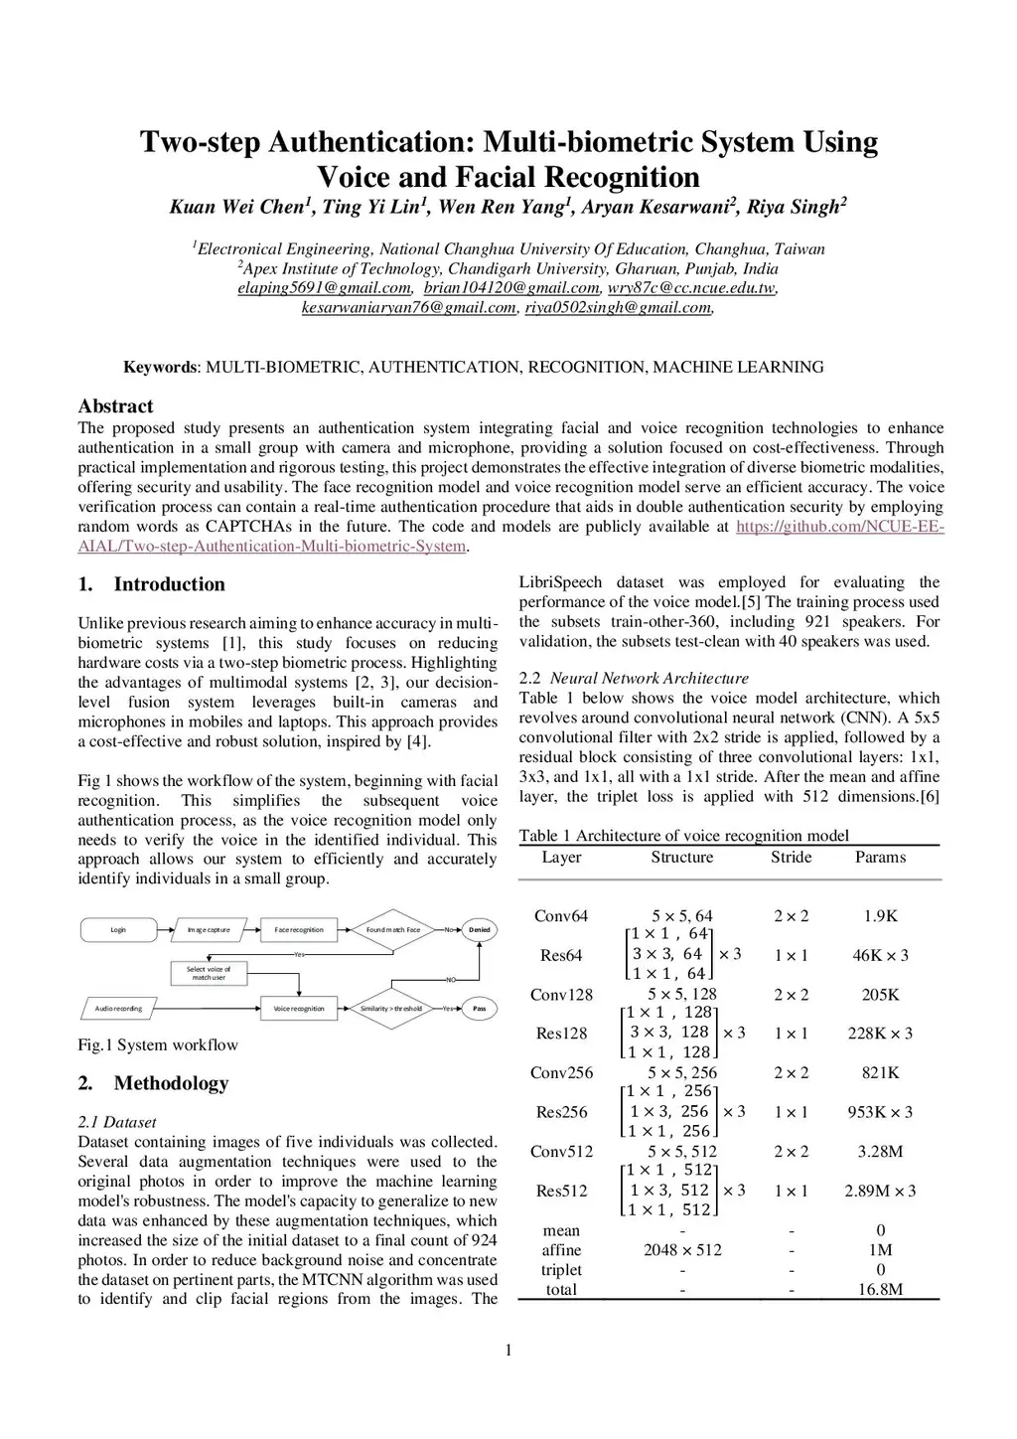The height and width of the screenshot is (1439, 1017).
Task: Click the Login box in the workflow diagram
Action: pyautogui.click(x=118, y=930)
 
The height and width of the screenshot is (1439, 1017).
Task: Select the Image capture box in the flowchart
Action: pyautogui.click(x=209, y=930)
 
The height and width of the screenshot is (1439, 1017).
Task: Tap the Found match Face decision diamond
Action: pyautogui.click(x=393, y=930)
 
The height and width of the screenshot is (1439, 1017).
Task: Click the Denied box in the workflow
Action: pyautogui.click(x=480, y=930)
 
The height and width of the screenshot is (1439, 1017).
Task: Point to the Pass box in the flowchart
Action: pyautogui.click(x=480, y=1009)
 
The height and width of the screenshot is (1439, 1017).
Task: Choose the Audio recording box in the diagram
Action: pyautogui.click(x=119, y=1009)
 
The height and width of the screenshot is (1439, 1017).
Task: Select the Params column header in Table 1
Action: pyautogui.click(x=880, y=857)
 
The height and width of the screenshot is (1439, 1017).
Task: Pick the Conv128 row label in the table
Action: pyautogui.click(x=561, y=995)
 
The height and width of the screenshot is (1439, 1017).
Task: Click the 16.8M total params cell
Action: pyautogui.click(x=880, y=1290)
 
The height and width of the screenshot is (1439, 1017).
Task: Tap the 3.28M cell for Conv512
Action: pyautogui.click(x=880, y=1152)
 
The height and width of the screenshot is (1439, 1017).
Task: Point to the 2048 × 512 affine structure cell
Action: pyautogui.click(x=682, y=1250)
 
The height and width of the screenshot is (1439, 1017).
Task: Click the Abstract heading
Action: pyautogui.click(x=115, y=406)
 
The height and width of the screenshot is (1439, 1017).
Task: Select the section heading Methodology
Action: pyautogui.click(x=171, y=1083)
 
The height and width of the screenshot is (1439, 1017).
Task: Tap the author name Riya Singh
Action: pyautogui.click(x=795, y=207)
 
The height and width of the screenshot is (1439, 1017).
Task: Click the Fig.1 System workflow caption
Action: pyautogui.click(x=158, y=1045)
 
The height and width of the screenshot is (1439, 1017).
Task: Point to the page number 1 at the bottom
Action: pyautogui.click(x=508, y=1350)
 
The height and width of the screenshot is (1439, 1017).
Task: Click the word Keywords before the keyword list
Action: pyautogui.click(x=160, y=368)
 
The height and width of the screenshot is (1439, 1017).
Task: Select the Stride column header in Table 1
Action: pyautogui.click(x=791, y=857)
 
